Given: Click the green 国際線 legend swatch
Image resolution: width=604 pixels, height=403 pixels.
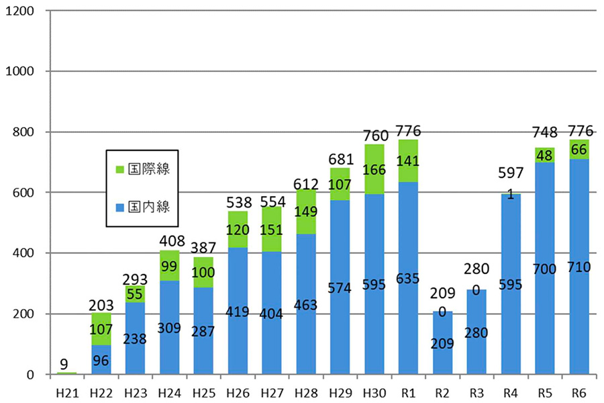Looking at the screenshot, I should pos(120,168).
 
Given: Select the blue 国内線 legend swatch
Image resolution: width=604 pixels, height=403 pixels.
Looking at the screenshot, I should pos(120,206).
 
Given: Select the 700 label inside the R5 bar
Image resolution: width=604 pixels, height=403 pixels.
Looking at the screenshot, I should pos(545,269).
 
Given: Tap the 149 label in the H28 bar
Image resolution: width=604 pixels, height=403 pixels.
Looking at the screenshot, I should pos(306,212).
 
